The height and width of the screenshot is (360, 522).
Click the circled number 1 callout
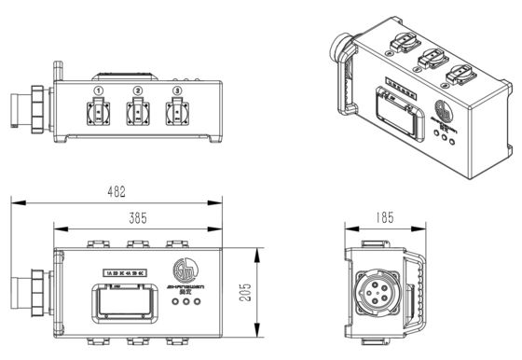coord(99,90)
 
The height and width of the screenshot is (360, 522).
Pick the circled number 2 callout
coord(138,90)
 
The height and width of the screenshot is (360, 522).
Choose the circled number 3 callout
coord(176,90)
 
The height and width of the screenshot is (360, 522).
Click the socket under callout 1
coord(99,117)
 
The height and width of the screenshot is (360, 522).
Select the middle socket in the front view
coord(138,117)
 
